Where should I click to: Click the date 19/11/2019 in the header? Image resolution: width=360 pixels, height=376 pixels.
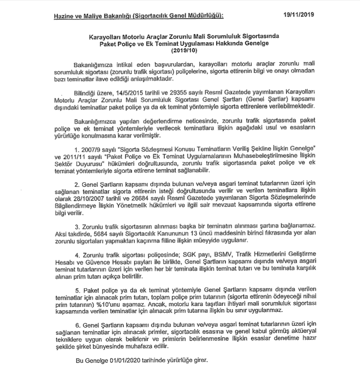pyautogui.click(x=299, y=15)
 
